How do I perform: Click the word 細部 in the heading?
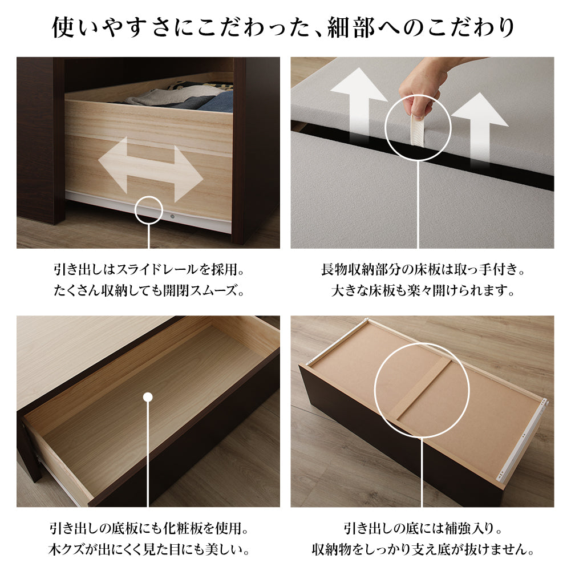351,28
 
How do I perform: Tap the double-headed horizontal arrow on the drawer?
151,169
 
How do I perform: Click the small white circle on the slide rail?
148,210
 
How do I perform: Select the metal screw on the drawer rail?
172,217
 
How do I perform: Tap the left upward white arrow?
359,106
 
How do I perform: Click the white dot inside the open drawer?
148,397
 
